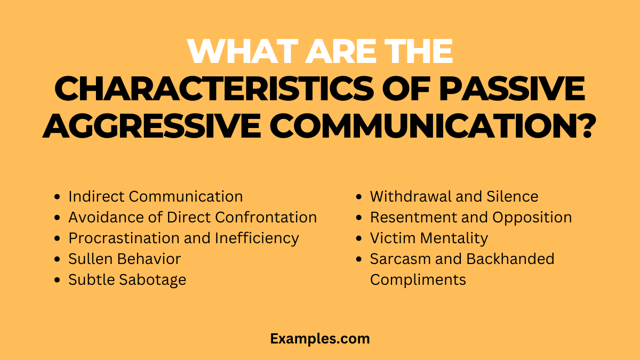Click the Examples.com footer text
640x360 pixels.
pyautogui.click(x=319, y=338)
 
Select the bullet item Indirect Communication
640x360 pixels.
pyautogui.click(x=155, y=196)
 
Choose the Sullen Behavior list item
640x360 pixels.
pyautogui.click(x=124, y=259)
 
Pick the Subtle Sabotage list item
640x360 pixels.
pyautogui.click(x=127, y=279)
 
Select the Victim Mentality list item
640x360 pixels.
pyautogui.click(x=429, y=238)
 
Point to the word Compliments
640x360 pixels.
pyautogui.click(x=418, y=279)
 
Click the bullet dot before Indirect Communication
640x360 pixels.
pyautogui.click(x=58, y=197)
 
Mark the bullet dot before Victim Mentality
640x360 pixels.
pyautogui.click(x=359, y=238)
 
